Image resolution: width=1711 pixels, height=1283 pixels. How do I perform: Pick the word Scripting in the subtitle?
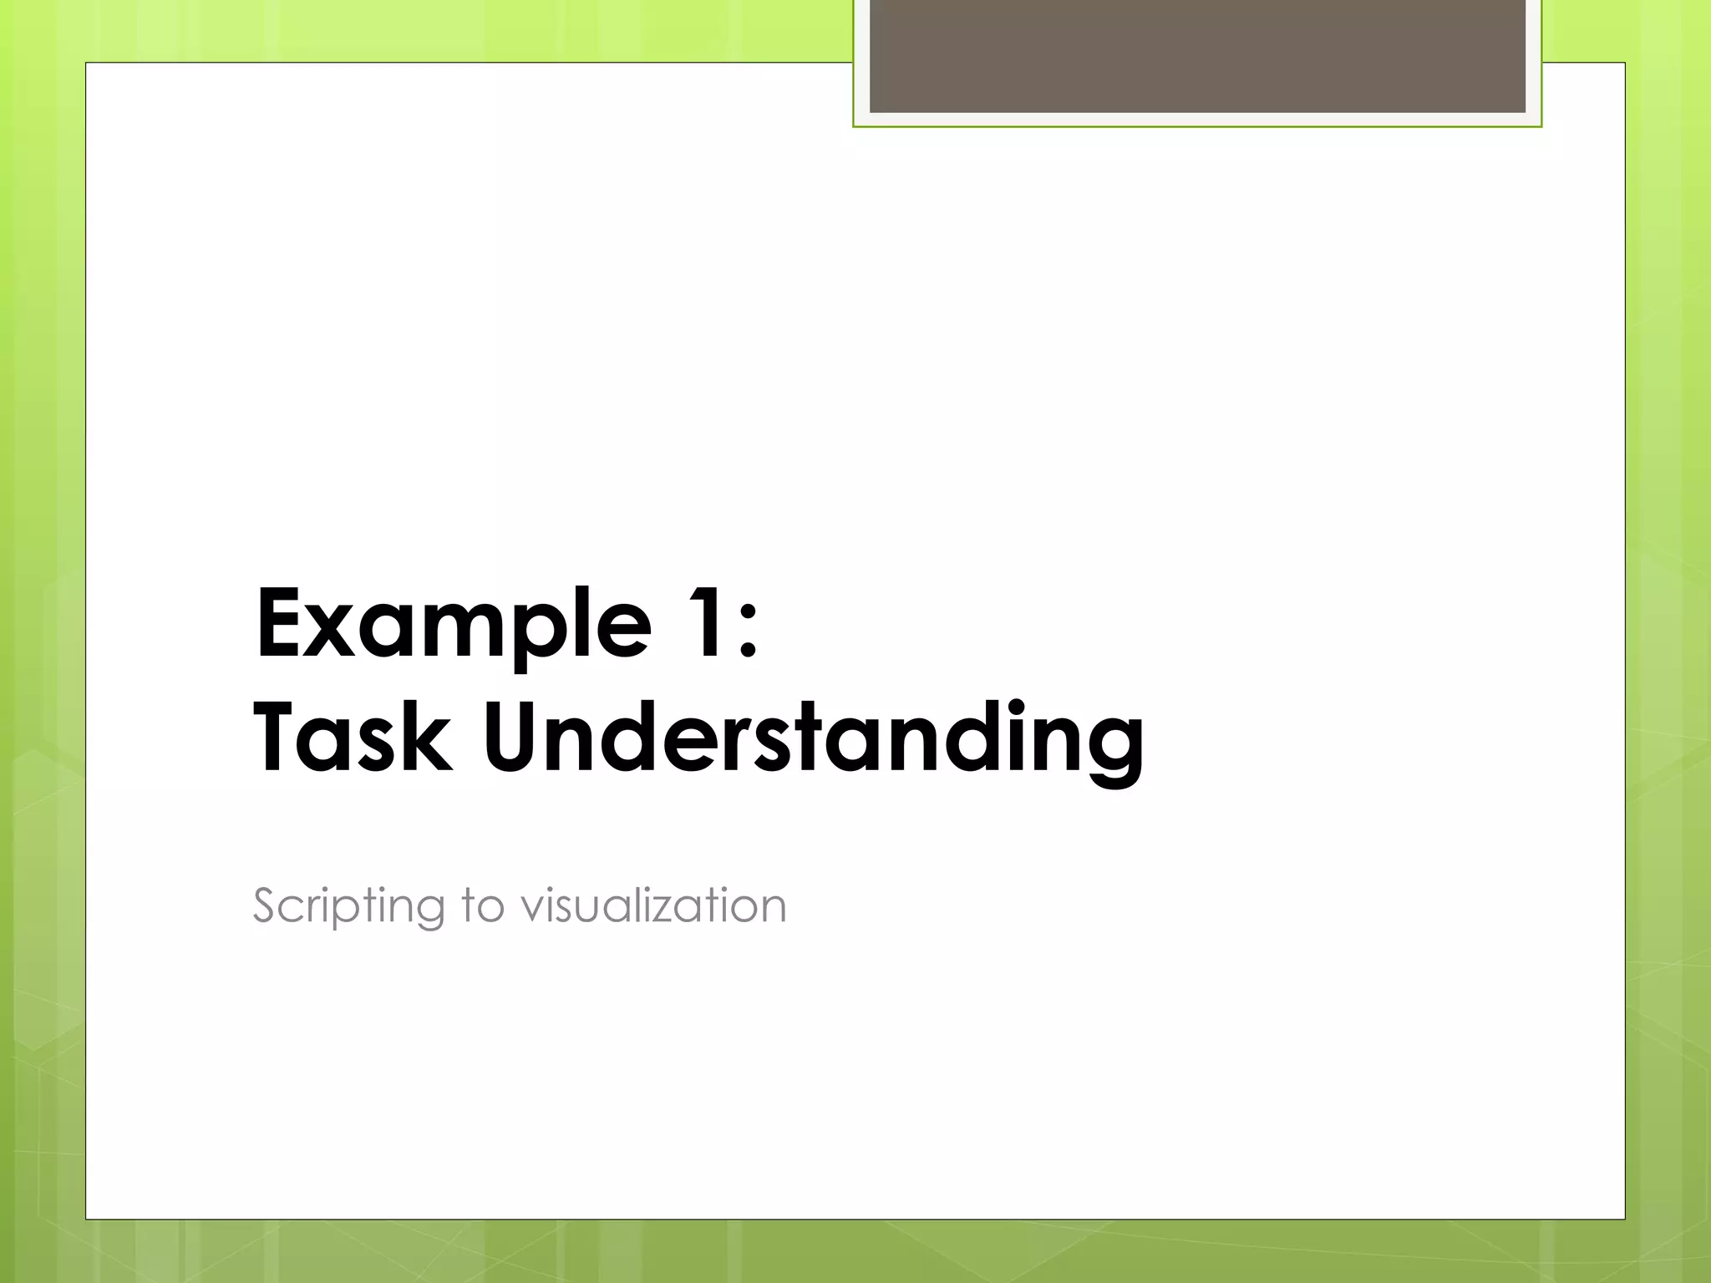point(348,906)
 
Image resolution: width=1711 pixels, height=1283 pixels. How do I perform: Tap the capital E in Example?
point(280,623)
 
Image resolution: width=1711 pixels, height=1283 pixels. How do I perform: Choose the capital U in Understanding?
point(514,737)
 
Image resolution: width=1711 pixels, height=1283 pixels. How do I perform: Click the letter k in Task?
point(430,737)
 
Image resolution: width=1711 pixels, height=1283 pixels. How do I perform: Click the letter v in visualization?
point(531,909)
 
